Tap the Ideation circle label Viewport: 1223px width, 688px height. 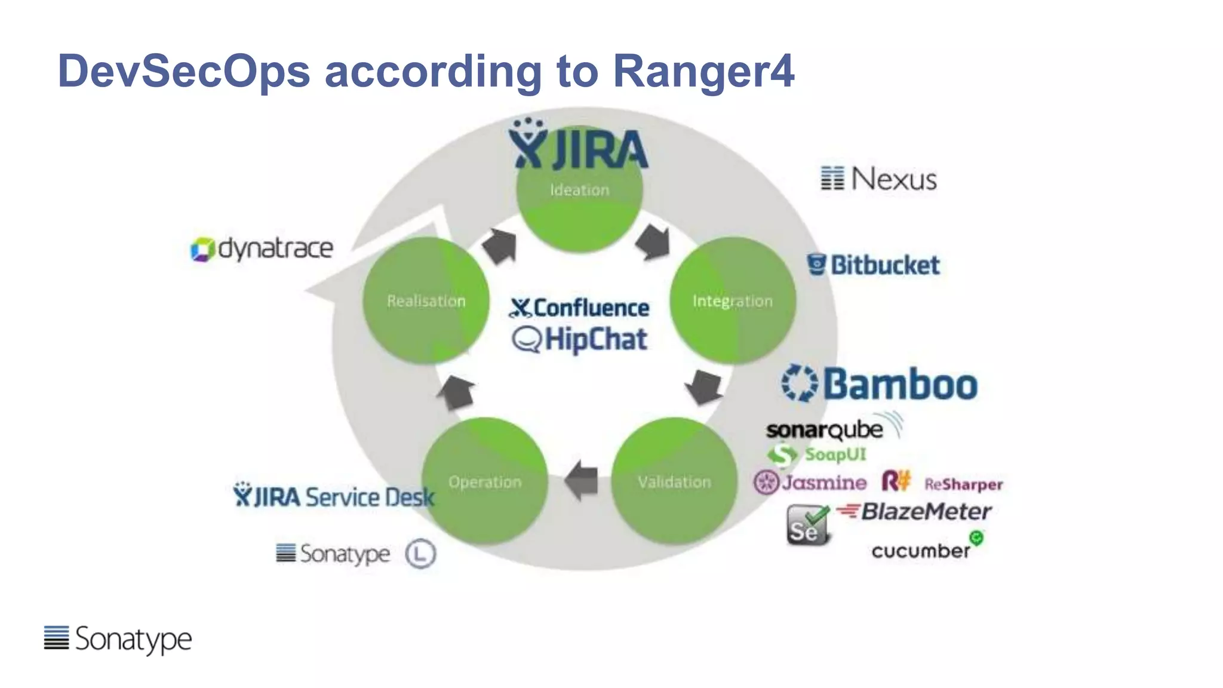[579, 190]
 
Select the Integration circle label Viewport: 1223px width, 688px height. [732, 301]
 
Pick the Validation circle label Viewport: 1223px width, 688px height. [674, 482]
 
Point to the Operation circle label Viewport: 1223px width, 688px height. [485, 482]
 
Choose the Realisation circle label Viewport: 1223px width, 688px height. [426, 301]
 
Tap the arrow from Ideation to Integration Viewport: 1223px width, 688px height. [653, 242]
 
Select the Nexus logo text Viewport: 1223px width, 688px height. [893, 179]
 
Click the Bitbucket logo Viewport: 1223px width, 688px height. [873, 265]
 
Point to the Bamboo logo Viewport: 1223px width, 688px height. [880, 383]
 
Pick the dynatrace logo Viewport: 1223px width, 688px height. [262, 248]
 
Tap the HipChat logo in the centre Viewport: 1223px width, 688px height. [579, 340]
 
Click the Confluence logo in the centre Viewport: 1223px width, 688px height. [579, 308]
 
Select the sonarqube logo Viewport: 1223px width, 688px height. [825, 429]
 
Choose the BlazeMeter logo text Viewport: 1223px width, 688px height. [925, 511]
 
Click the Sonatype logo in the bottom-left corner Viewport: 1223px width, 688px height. [118, 638]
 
